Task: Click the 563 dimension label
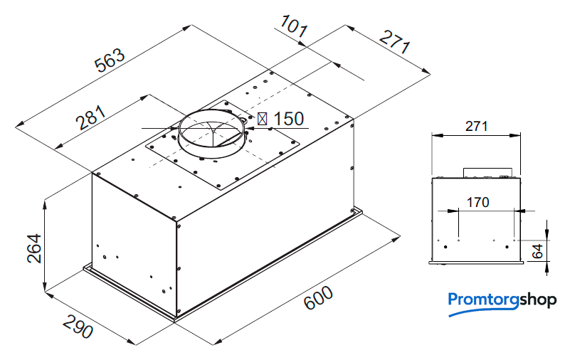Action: pos(110,60)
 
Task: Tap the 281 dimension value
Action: pos(91,117)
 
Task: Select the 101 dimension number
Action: pos(294,26)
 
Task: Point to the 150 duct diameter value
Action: pos(289,119)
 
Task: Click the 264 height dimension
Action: pos(35,248)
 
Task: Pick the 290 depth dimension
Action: pos(78,327)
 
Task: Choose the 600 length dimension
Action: pos(318,297)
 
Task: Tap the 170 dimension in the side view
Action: pos(477,202)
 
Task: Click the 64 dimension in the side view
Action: pos(537,251)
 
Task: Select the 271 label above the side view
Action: pos(476,126)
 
